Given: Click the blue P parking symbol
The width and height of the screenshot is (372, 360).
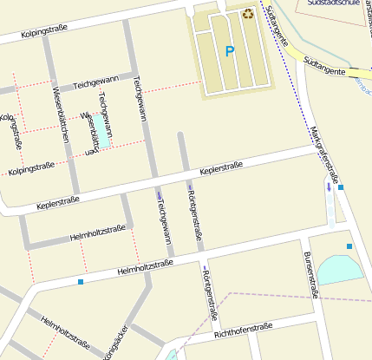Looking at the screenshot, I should point(230,52).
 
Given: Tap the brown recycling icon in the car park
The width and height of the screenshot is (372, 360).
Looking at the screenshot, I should point(248,13).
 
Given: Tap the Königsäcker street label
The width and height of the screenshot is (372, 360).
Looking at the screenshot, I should point(115,344).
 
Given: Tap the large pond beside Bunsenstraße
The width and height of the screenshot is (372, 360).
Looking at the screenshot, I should point(340,270).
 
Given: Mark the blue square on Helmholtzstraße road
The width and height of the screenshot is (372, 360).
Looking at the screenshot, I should point(81,282).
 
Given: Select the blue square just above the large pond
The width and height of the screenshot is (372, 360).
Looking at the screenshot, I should point(349,247).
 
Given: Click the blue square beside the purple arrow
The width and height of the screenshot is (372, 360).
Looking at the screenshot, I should point(341,187).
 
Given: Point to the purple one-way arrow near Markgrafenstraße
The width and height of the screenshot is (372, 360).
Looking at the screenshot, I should point(329,186).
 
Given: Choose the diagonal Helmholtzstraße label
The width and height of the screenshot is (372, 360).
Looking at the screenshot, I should point(66,331).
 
